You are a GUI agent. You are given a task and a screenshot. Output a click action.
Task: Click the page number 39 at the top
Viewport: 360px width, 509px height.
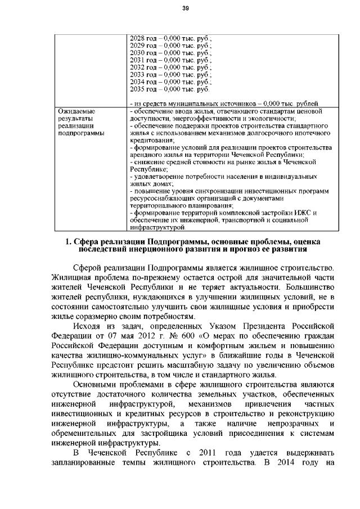184,8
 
